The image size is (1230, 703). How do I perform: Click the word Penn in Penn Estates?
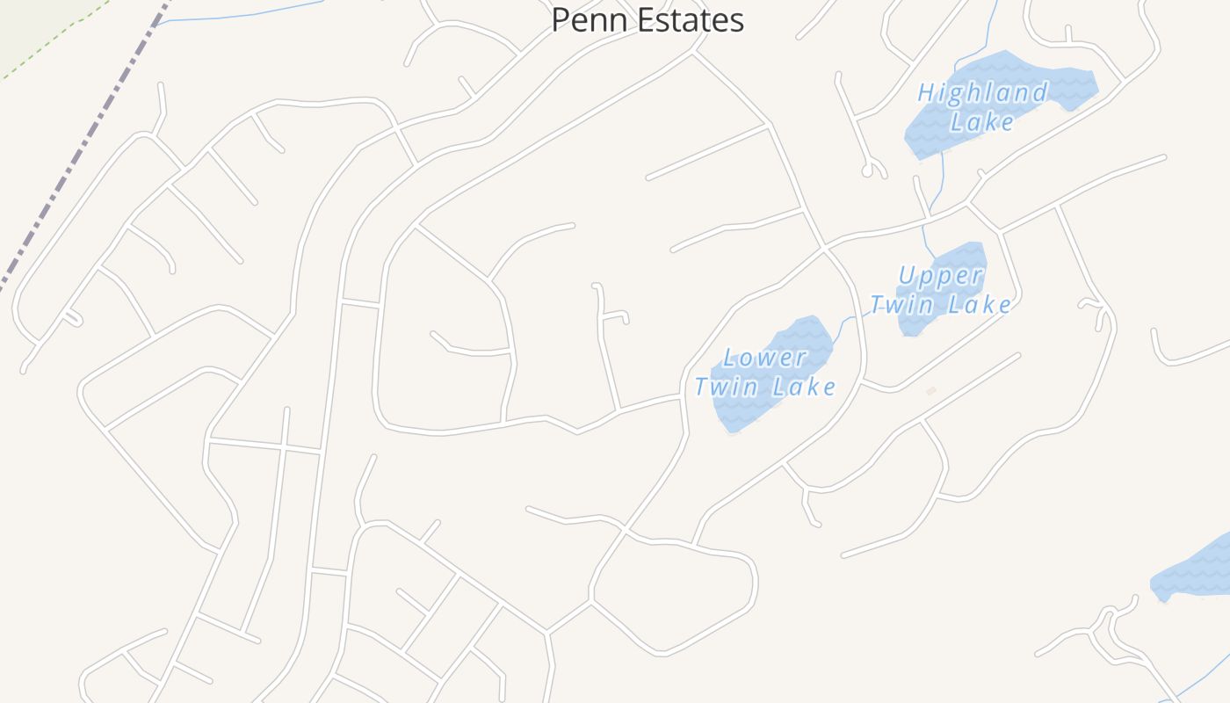[583, 19]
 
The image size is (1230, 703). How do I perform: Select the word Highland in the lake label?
[982, 92]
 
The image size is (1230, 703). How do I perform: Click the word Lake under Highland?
[982, 121]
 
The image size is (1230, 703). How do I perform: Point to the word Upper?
[940, 276]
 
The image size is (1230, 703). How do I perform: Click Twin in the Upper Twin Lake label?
[900, 305]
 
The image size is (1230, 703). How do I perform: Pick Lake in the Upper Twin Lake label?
[979, 305]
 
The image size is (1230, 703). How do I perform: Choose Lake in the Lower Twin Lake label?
[803, 386]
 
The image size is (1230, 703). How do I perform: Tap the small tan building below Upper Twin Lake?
[931, 390]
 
